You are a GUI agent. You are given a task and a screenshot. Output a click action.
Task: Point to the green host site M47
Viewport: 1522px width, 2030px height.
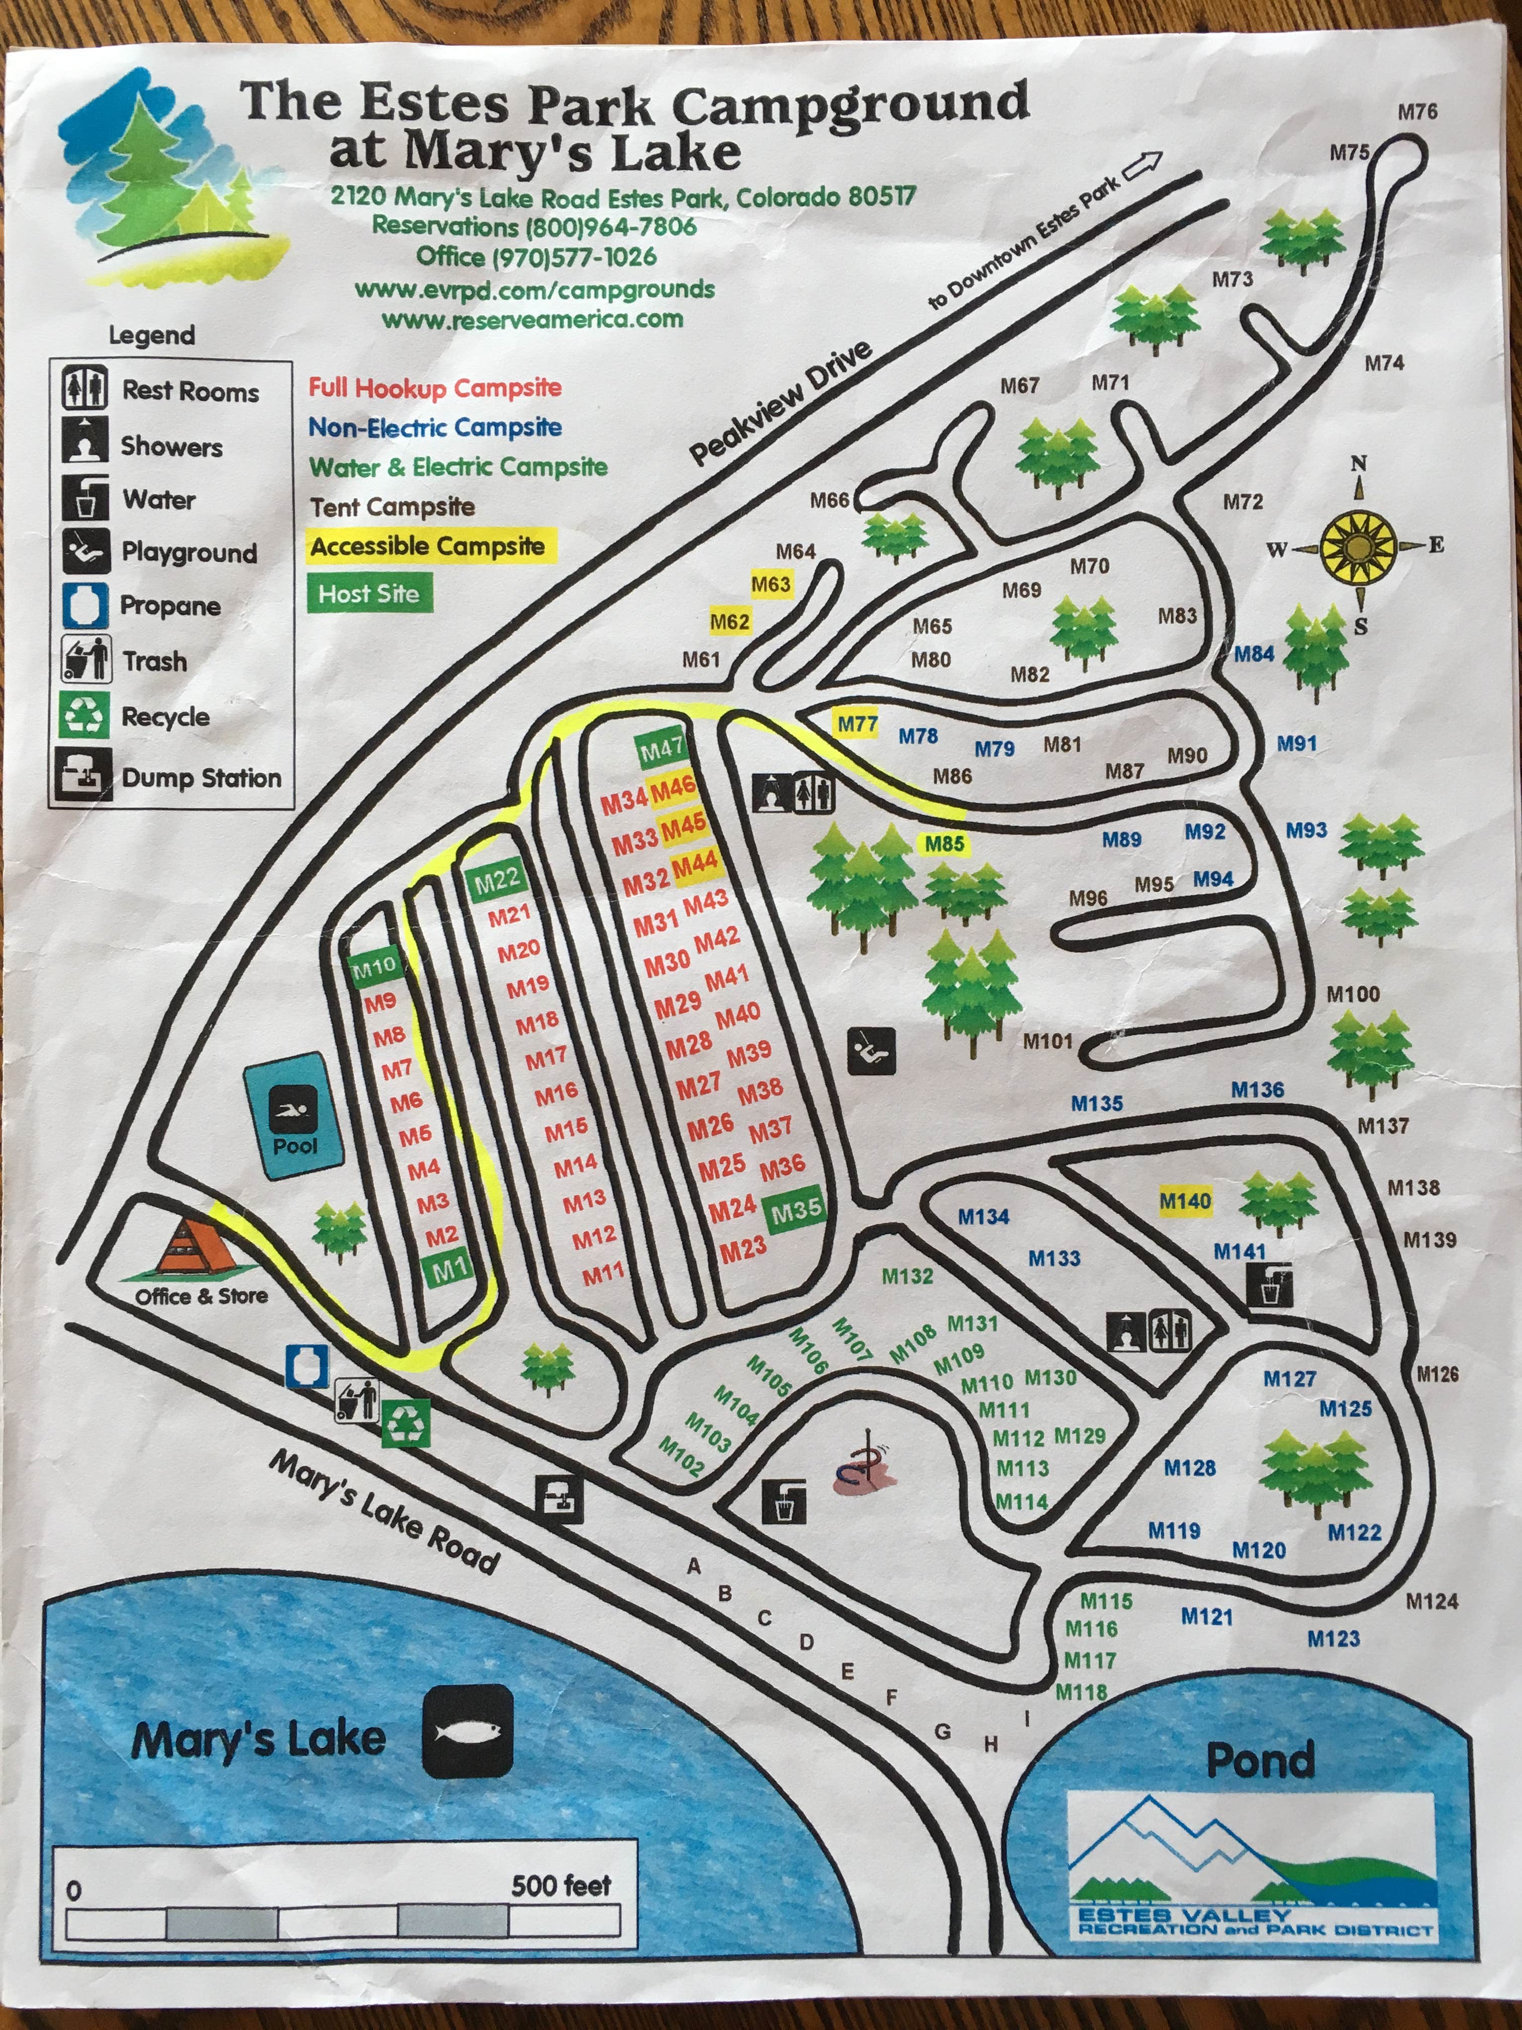[x=661, y=750]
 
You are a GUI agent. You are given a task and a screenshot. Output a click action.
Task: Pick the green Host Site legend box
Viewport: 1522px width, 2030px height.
[x=369, y=594]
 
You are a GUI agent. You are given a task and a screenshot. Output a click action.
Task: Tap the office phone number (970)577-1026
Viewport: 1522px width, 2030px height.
[x=537, y=257]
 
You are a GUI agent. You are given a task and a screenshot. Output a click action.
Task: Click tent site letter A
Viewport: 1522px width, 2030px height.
[x=694, y=1566]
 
